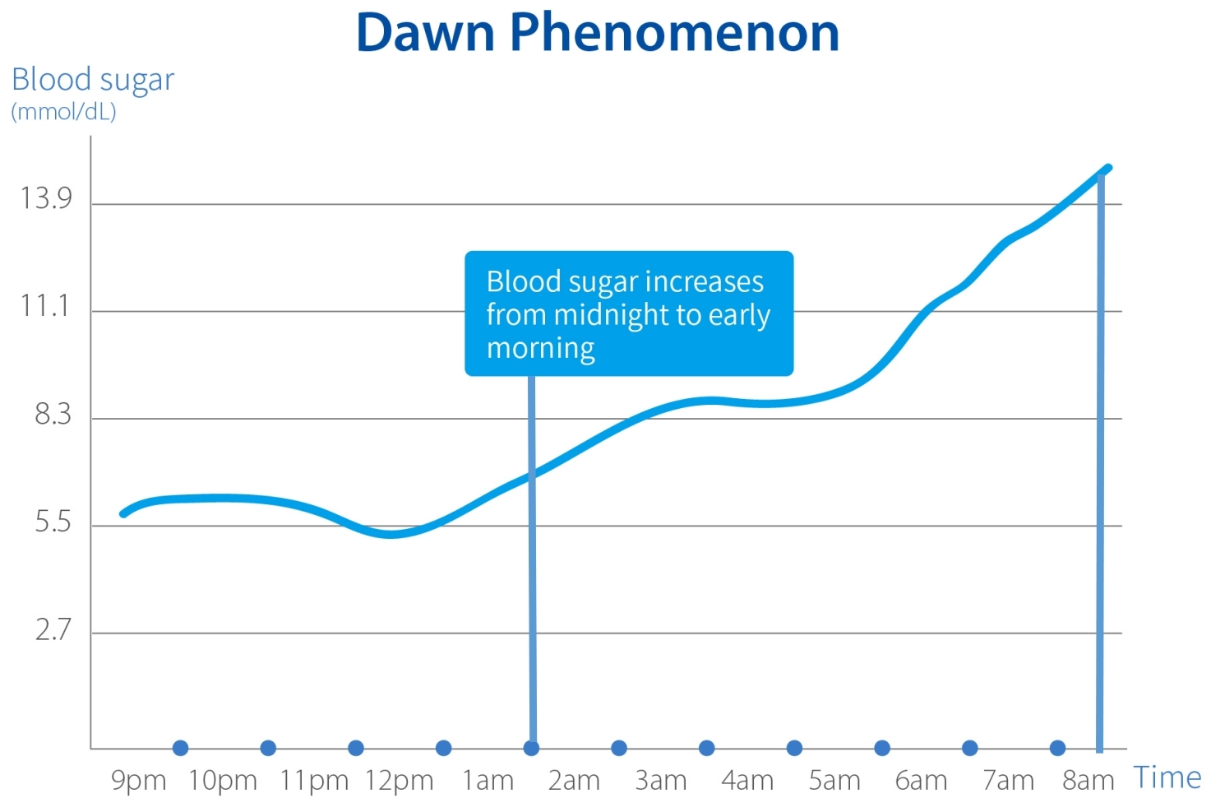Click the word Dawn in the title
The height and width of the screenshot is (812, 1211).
tap(425, 33)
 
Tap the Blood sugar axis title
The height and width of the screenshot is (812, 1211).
tap(93, 80)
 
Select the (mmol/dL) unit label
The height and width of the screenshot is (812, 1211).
tap(63, 111)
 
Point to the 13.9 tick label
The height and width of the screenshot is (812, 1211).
tap(46, 198)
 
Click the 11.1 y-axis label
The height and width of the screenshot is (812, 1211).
tap(45, 306)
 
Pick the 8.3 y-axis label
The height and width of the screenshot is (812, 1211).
tap(53, 414)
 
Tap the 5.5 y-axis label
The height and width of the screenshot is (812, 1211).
tap(53, 522)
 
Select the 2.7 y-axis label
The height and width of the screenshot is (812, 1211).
tap(53, 629)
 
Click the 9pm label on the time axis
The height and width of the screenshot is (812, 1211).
tap(138, 780)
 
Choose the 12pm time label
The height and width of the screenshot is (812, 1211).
tap(399, 780)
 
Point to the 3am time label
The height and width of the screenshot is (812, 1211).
tap(660, 780)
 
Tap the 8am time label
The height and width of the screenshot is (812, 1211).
tap(1088, 780)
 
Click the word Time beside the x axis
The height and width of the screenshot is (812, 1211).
tap(1167, 777)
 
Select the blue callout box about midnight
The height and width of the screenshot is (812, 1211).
tap(629, 313)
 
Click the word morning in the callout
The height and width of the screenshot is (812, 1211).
tap(540, 348)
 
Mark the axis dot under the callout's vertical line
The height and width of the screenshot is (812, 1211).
tap(531, 748)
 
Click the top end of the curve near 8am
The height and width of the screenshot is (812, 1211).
tap(1108, 168)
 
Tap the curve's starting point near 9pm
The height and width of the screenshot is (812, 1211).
tap(123, 513)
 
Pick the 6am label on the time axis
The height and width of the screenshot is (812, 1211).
tap(921, 780)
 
